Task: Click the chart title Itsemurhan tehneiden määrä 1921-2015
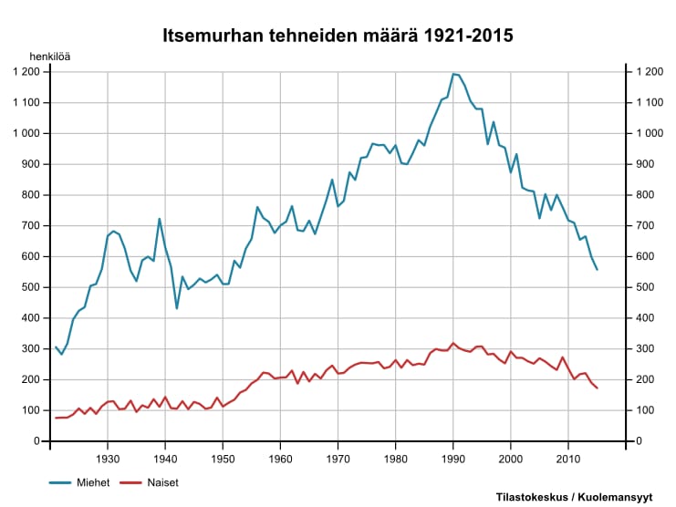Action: click(x=338, y=36)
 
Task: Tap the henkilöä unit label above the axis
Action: click(x=49, y=56)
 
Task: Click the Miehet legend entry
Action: click(x=93, y=482)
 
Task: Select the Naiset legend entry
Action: click(x=162, y=482)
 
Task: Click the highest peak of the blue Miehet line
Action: click(x=453, y=74)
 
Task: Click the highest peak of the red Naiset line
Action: click(x=453, y=343)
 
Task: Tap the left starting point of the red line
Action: click(x=56, y=418)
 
